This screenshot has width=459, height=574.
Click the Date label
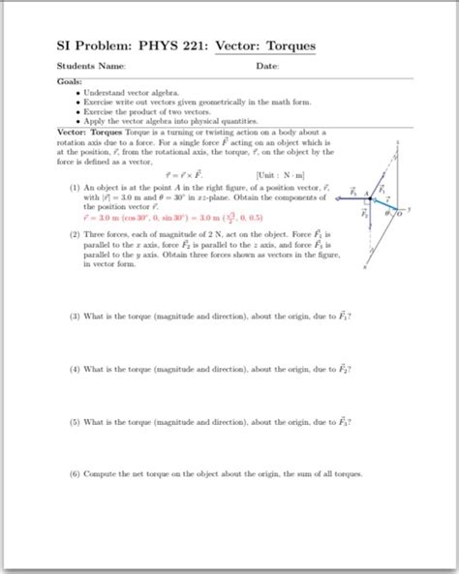pos(268,67)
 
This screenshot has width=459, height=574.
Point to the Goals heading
pos(71,82)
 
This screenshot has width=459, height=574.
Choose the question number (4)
pos(75,370)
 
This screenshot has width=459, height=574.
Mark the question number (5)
pos(75,422)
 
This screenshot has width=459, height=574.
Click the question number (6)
pos(75,474)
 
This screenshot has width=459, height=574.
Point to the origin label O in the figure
pos(397,214)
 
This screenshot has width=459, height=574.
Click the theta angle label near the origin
pos(387,215)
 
